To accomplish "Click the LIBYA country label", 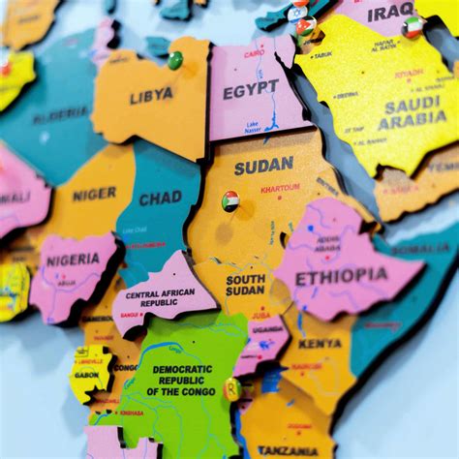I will pos(151,95).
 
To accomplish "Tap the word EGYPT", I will pos(250,91).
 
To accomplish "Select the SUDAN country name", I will pos(263,166).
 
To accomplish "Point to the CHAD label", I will pos(160,199).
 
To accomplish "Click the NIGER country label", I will pos(94,194).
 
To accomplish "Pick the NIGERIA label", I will pos(73,260).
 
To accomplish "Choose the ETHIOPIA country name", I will pos(341,276).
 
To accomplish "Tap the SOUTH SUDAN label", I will pos(245,285).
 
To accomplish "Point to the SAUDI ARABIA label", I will pos(412,114).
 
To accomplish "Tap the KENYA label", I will pos(319,343).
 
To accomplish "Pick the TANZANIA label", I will pos(288,450).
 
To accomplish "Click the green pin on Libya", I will pos(174,60).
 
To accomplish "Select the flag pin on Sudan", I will pos(230,200).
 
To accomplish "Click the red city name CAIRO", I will pos(254,54).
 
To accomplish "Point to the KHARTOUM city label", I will pos(280,188).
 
